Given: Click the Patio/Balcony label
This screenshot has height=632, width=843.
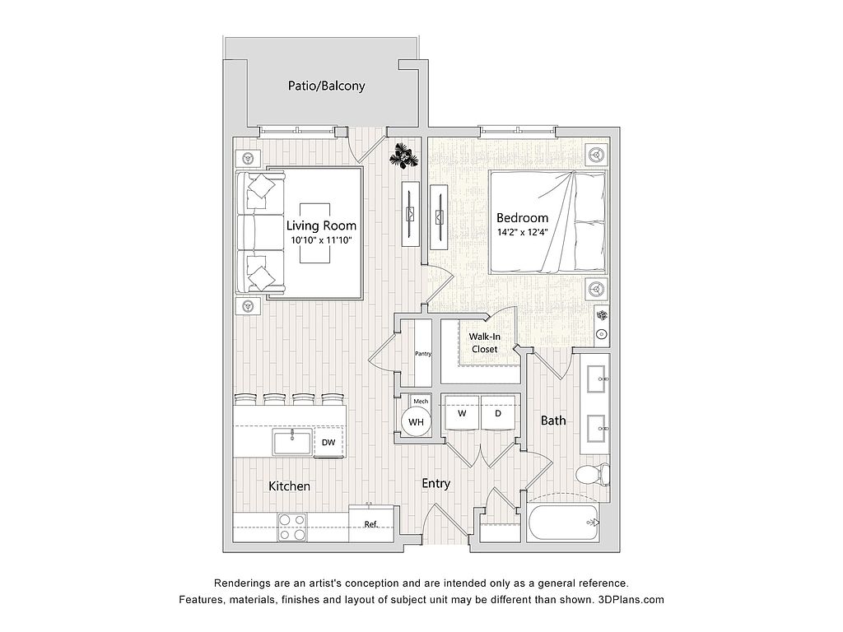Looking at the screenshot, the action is (x=326, y=86).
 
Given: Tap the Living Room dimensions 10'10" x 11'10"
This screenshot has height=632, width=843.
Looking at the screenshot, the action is (x=321, y=240).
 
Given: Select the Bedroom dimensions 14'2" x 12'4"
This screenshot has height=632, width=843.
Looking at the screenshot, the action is (x=521, y=233).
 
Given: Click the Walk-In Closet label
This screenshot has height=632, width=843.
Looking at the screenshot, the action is (x=484, y=343).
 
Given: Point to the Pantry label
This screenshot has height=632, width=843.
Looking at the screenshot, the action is (x=423, y=354).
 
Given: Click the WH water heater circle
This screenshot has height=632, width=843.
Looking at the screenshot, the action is (x=416, y=422).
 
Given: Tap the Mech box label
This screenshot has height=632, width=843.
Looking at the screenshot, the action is (x=421, y=402).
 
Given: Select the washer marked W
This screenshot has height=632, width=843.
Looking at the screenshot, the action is (x=461, y=413).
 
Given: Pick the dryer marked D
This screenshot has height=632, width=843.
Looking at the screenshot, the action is (x=498, y=413).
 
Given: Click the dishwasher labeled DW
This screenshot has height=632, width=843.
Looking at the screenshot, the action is (x=328, y=443).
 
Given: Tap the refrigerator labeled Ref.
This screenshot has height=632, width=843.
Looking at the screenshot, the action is (x=371, y=524).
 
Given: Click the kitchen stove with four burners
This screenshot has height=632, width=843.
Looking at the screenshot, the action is (x=292, y=527).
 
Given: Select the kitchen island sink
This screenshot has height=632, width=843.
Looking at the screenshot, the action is (x=292, y=442).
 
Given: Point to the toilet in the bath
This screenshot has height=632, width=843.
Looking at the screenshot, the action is (x=593, y=475).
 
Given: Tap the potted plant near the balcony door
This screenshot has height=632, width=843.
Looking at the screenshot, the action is (x=403, y=156).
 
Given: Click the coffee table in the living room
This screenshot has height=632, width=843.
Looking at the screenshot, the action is (x=315, y=233).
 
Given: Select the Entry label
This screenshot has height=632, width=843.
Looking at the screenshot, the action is (x=435, y=484).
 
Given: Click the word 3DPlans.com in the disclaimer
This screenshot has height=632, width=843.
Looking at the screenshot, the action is (x=631, y=599).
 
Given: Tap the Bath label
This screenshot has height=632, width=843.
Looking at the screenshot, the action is (x=553, y=421).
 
